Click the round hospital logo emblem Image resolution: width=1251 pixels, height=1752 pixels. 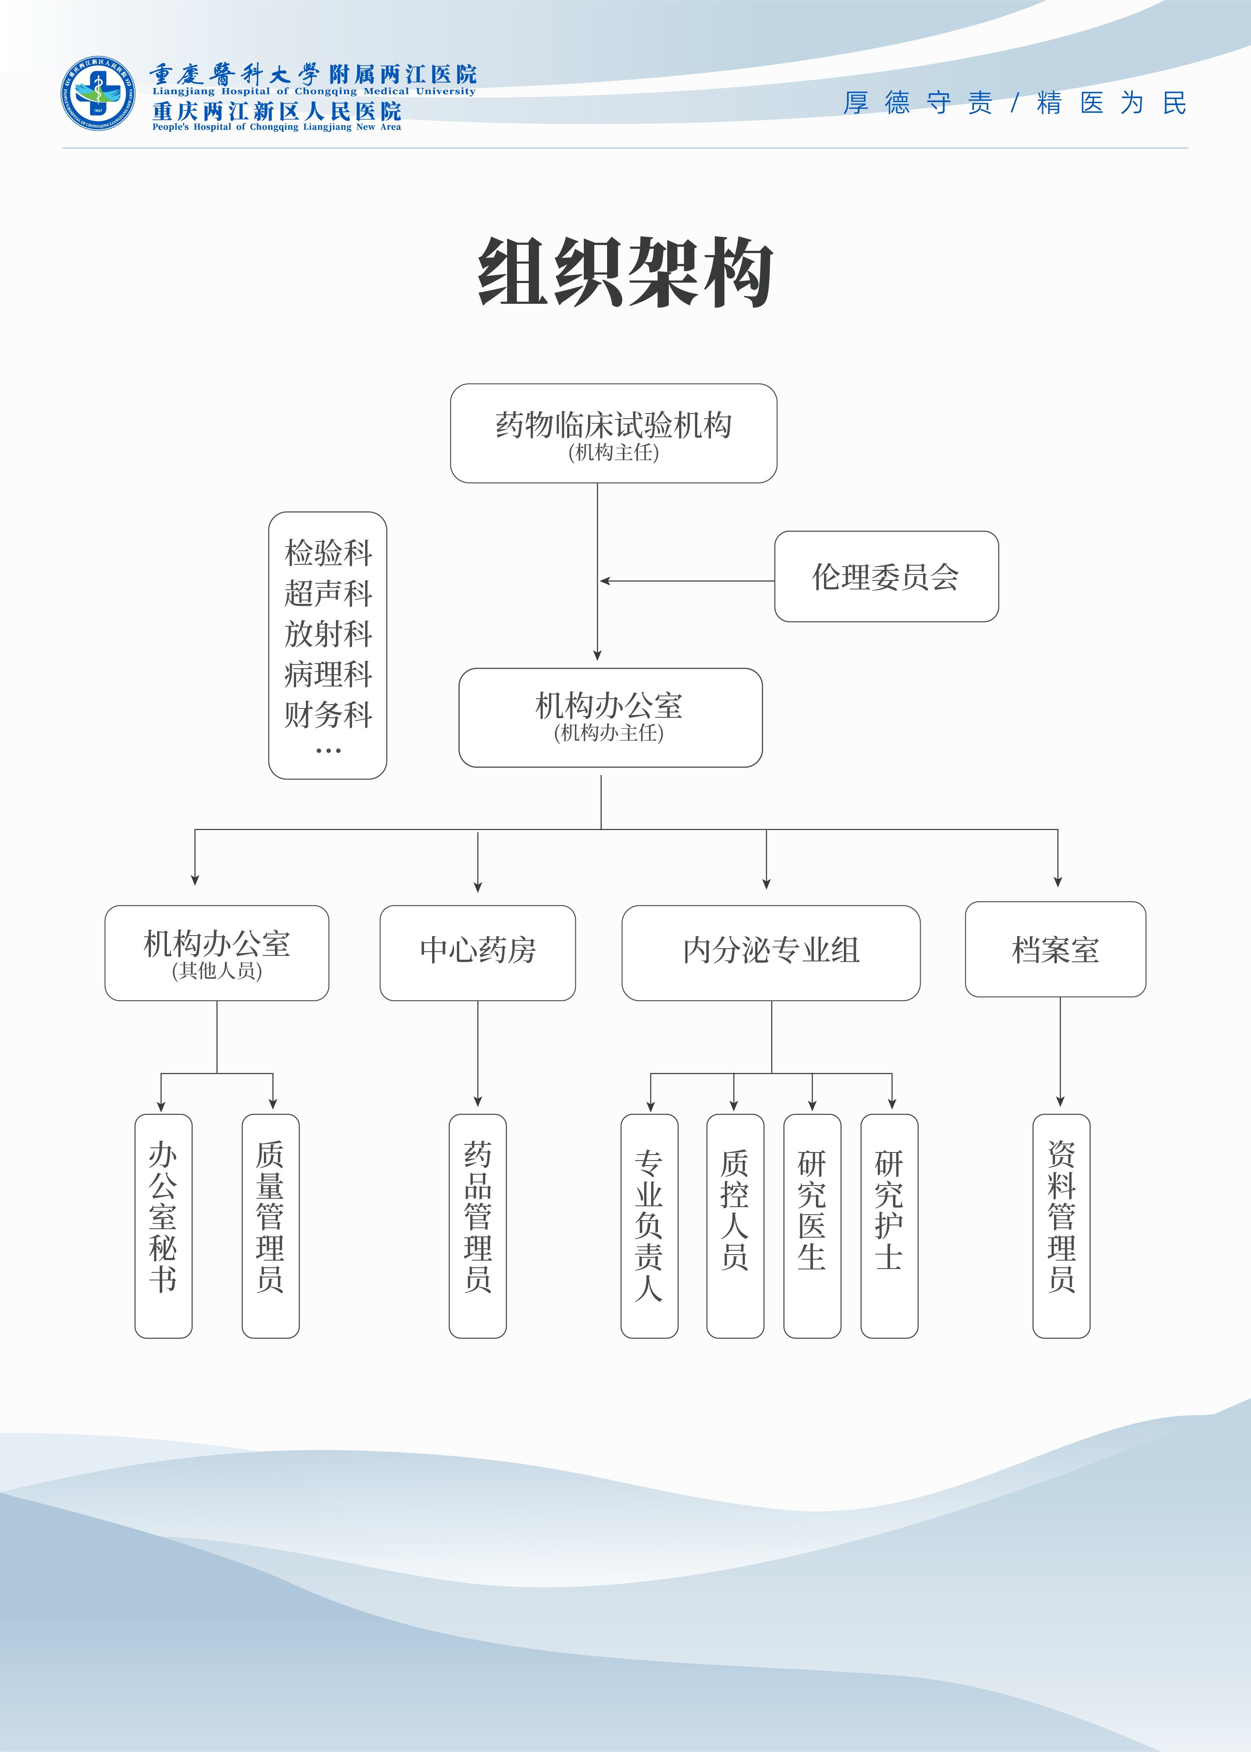98,93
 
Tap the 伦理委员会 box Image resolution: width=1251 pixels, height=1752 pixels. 886,576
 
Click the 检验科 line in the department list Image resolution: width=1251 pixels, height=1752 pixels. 328,553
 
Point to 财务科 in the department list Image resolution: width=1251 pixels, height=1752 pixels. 328,714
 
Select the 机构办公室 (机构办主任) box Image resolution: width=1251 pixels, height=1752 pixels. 610,717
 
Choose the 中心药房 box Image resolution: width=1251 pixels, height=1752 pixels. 477,953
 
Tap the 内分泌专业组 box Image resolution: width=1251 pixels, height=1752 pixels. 770,953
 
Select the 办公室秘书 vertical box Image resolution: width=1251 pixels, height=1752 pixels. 163,1225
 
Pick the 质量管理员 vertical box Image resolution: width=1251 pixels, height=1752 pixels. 270,1225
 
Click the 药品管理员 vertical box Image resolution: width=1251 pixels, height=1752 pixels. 477,1225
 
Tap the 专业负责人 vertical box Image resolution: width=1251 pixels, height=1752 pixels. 649,1225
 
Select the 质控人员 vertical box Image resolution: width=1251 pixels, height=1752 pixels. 735,1225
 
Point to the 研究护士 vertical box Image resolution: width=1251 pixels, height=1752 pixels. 889,1225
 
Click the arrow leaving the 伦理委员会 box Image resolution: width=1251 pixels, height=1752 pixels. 685,581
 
